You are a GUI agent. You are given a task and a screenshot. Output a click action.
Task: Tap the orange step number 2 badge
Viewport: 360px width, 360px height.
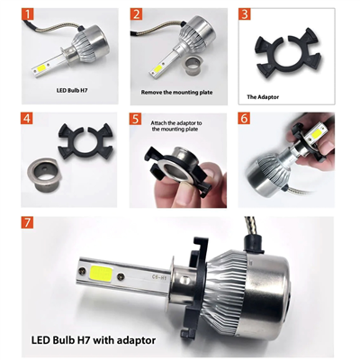[x=136, y=15]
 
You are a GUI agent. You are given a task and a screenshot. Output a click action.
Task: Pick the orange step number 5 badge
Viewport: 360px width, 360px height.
[x=136, y=118]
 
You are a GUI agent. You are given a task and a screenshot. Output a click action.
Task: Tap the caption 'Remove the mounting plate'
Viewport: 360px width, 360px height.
[x=177, y=92]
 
